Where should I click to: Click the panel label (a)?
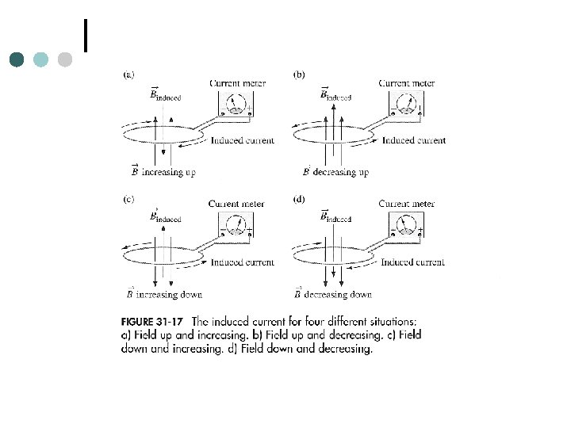128,75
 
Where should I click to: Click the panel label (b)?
299,75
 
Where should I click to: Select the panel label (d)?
299,200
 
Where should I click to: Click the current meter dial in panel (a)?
236,104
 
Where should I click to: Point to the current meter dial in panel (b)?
406,104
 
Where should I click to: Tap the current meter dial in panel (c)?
236,226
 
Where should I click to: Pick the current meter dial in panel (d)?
406,226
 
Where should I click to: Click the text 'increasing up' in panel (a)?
168,171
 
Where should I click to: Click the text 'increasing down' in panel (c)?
170,295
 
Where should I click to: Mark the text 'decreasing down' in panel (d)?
339,295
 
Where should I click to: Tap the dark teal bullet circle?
18,59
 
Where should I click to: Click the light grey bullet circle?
65,59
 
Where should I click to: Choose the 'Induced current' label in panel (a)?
243,141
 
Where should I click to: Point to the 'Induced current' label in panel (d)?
412,262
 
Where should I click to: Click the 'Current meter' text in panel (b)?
407,83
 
